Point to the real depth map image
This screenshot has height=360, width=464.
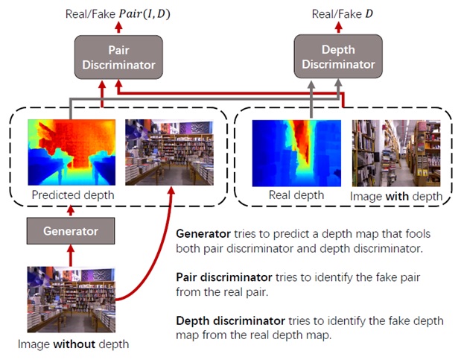[297, 153]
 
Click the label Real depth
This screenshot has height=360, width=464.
[297, 195]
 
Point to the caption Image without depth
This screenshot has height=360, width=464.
[73, 344]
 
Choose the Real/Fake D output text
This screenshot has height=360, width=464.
[342, 13]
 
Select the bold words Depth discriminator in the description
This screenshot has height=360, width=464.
[230, 320]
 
